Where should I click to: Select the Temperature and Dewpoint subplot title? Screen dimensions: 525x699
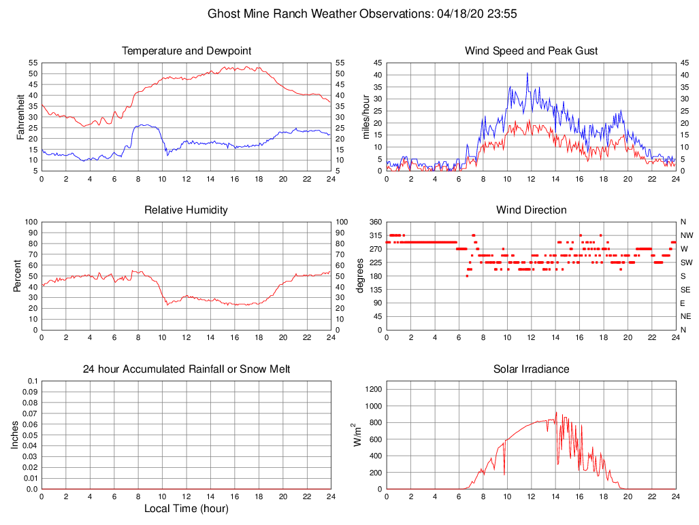pyautogui.click(x=186, y=51)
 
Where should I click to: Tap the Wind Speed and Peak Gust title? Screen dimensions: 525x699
pyautogui.click(x=531, y=51)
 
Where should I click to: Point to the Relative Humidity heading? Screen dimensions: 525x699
pyautogui.click(x=186, y=210)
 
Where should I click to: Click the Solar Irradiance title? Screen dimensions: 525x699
pyautogui.click(x=531, y=369)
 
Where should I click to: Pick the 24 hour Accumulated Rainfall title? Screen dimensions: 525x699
pyautogui.click(x=186, y=369)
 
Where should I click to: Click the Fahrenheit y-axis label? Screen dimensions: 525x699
pyautogui.click(x=20, y=116)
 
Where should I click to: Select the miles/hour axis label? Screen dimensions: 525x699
pyautogui.click(x=365, y=116)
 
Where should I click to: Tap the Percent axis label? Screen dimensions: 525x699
pyautogui.click(x=17, y=275)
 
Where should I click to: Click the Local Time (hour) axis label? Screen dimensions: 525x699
pyautogui.click(x=186, y=509)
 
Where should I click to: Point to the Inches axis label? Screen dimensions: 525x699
pyautogui.click(x=15, y=435)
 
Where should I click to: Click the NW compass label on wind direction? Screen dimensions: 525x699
pyautogui.click(x=687, y=235)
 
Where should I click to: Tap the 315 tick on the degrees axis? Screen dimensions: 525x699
pyautogui.click(x=374, y=235)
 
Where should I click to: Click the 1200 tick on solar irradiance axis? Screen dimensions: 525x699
pyautogui.click(x=372, y=390)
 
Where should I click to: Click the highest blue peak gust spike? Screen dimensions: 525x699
pyautogui.click(x=527, y=73)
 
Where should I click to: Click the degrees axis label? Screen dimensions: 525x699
pyautogui.click(x=360, y=275)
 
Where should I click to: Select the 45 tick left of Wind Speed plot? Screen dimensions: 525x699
pyautogui.click(x=376, y=63)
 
